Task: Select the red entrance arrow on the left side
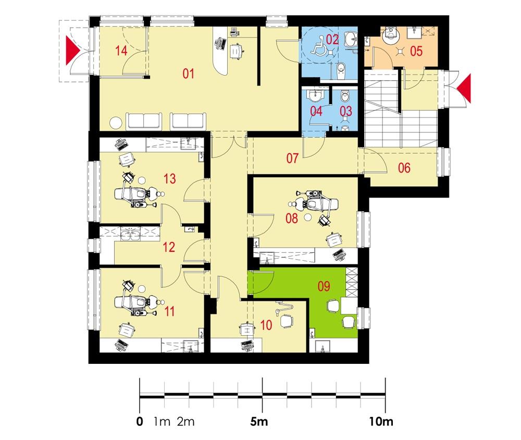pos(72,51)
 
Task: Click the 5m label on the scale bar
pos(258,421)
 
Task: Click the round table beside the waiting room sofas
pos(116,123)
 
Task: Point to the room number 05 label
pos(415,51)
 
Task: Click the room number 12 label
pos(168,247)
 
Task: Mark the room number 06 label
pos(404,168)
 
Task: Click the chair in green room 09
pos(332,307)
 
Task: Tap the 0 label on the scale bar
pos(139,421)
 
